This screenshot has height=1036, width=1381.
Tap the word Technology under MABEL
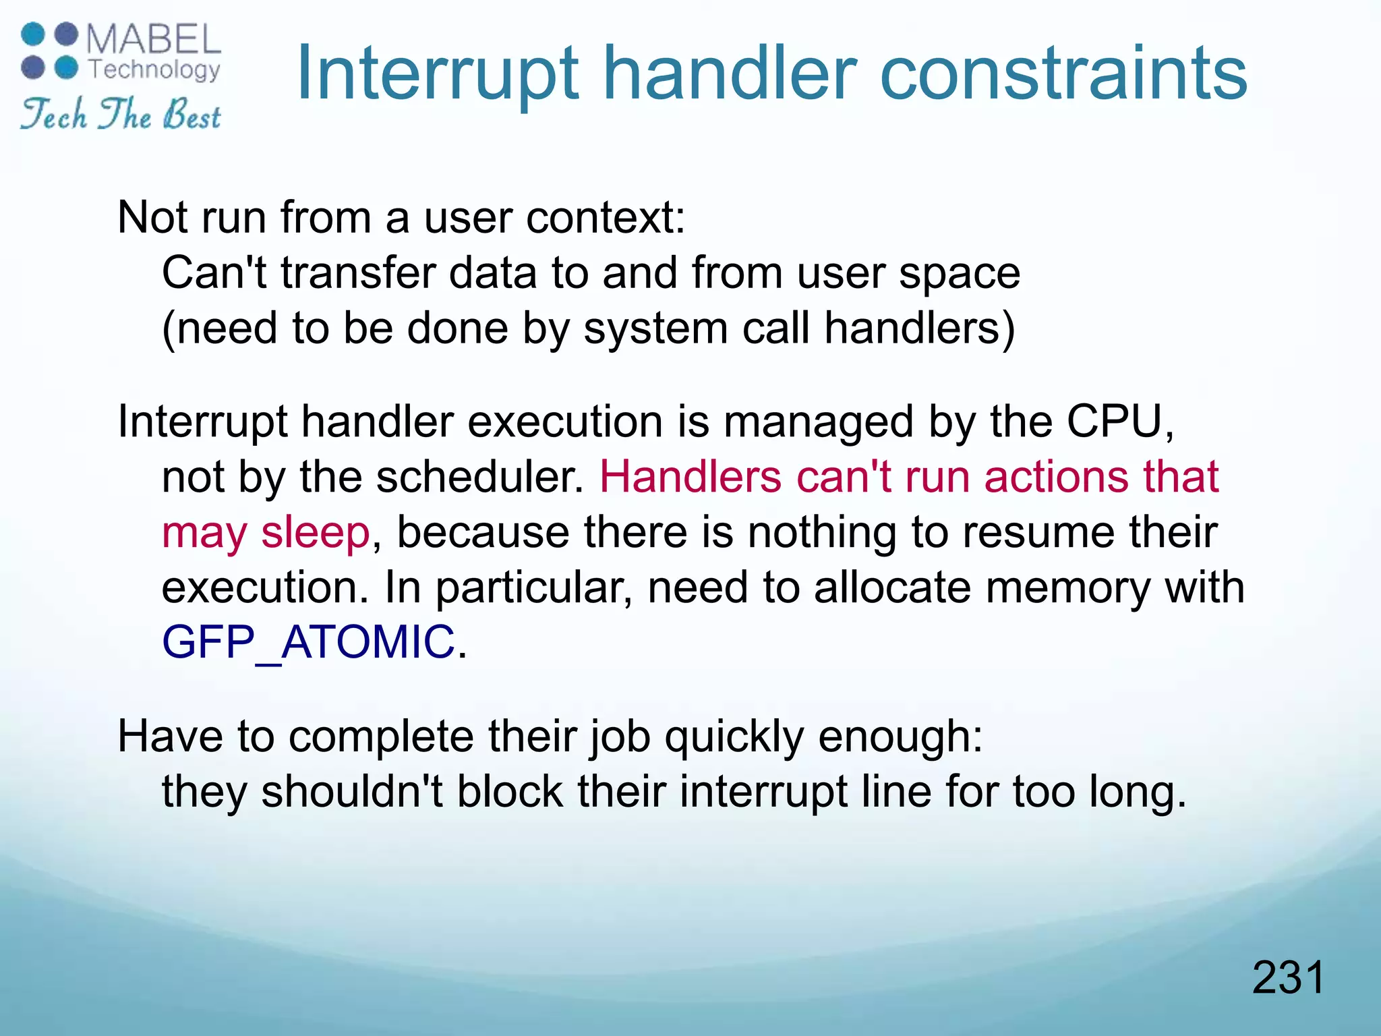point(154,69)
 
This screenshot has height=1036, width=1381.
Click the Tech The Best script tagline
point(120,113)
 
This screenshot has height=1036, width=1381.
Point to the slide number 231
point(1288,977)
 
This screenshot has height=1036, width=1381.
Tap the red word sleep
point(315,532)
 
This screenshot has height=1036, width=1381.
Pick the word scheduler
point(479,477)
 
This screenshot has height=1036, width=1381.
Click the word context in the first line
point(605,218)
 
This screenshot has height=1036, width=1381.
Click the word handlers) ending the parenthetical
point(919,328)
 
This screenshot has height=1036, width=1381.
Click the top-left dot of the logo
point(33,34)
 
